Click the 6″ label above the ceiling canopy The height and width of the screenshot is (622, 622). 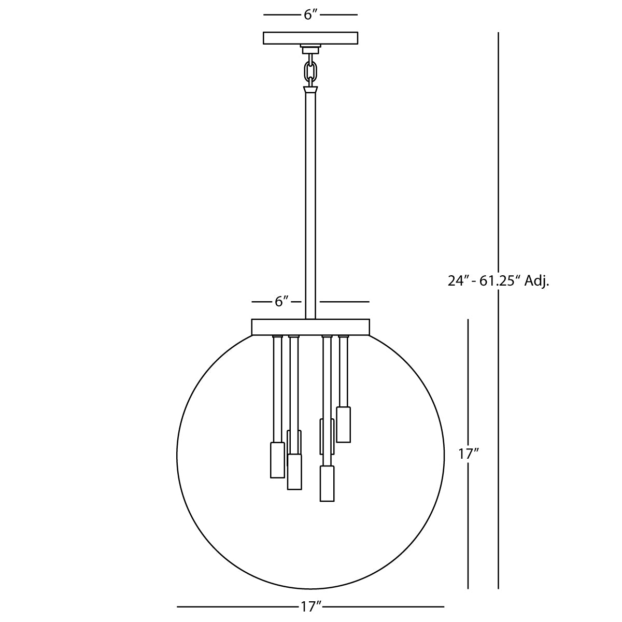[x=311, y=15]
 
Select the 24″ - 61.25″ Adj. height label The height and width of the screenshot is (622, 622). [x=498, y=281]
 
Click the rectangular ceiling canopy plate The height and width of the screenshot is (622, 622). [x=310, y=38]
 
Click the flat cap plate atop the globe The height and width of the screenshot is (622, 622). [x=310, y=327]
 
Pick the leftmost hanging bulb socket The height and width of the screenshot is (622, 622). [x=277, y=460]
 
